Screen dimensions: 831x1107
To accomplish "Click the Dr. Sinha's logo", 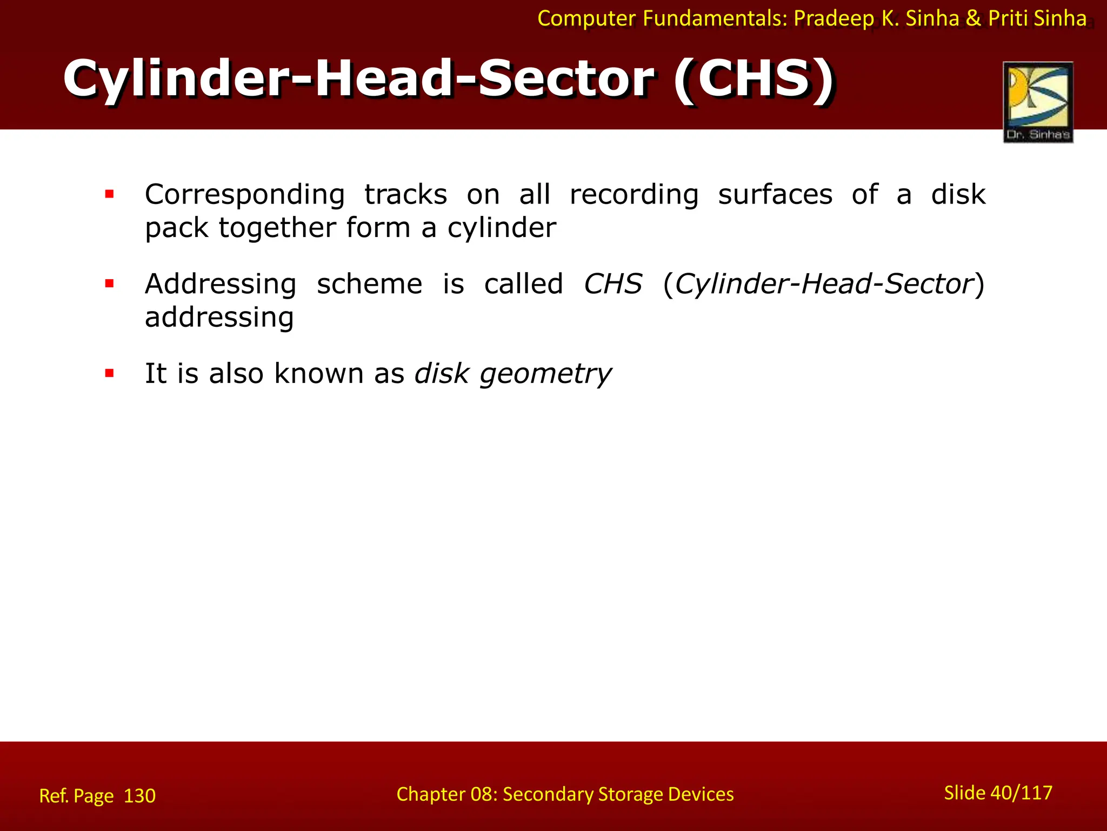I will click(x=1038, y=102).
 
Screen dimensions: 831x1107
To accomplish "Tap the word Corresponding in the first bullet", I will click(x=244, y=195).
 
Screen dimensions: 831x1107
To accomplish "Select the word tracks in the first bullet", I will click(x=405, y=194).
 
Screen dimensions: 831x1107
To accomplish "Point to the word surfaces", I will click(x=775, y=194).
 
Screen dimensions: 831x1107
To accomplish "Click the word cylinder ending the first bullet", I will click(x=501, y=228).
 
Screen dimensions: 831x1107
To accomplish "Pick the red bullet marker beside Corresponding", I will click(x=110, y=194).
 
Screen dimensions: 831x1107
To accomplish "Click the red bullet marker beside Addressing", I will click(x=110, y=283).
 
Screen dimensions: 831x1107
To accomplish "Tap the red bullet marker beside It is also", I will click(x=110, y=373).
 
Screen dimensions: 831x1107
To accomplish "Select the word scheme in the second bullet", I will click(x=369, y=284).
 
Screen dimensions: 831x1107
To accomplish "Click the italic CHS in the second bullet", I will click(x=612, y=284).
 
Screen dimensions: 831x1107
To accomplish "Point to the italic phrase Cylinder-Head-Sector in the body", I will click(x=824, y=284).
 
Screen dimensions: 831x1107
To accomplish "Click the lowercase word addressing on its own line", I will click(x=219, y=318).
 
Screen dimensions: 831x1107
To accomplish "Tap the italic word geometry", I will click(x=545, y=374).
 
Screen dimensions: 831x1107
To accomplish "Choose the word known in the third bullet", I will click(x=318, y=373).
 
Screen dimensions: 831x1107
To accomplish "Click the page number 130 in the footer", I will click(x=139, y=796).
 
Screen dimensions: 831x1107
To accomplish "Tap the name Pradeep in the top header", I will click(x=833, y=19).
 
